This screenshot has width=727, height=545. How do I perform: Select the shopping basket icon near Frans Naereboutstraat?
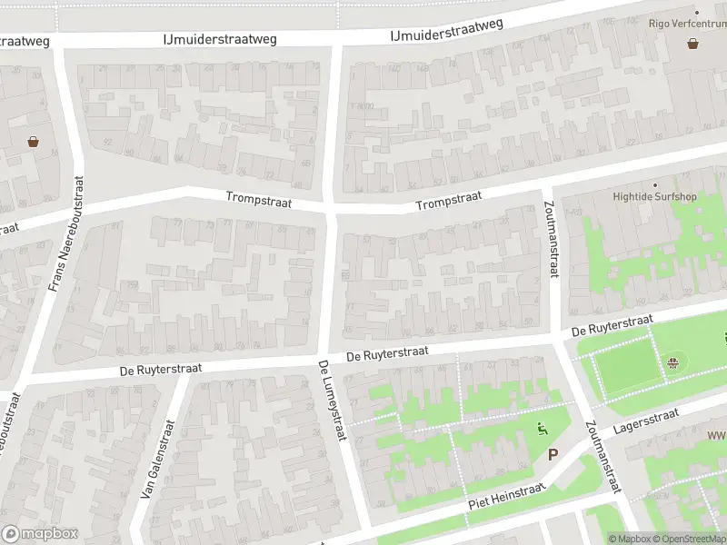[34, 141]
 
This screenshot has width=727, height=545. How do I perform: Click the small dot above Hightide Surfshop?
[653, 183]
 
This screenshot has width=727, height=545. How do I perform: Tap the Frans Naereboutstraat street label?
[65, 234]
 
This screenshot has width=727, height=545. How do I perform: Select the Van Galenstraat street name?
[157, 459]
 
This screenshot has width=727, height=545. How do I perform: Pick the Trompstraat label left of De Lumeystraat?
[259, 201]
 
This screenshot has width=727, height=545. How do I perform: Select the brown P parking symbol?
[552, 455]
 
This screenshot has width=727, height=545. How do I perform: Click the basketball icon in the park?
[673, 364]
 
